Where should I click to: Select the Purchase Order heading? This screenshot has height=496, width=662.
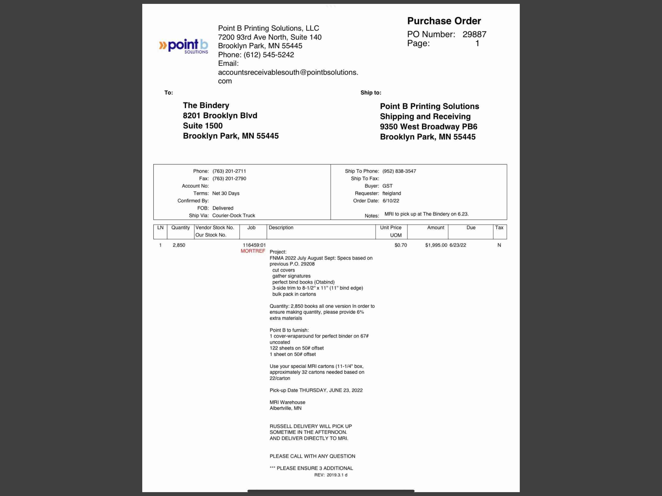[x=444, y=21]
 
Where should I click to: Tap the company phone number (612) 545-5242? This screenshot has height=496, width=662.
[x=268, y=55]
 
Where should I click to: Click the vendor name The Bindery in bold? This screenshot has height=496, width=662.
[x=206, y=105]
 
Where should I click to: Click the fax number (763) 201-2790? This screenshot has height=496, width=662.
[x=229, y=178]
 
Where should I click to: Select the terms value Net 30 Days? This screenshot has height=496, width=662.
[x=226, y=193]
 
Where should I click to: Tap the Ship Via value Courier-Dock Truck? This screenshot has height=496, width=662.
[x=233, y=215]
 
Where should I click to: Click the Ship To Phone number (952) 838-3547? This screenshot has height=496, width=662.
[x=399, y=171]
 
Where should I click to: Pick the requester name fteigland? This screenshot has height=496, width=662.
[x=391, y=193]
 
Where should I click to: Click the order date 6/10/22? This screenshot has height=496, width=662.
[x=391, y=201]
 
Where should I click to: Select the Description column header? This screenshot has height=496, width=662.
[x=281, y=228]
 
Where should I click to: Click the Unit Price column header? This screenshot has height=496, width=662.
[x=391, y=228]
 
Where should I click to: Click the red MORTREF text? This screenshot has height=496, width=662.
[x=253, y=251]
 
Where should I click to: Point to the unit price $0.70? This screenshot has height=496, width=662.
[x=401, y=245]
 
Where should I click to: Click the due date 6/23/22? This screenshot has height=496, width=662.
[x=457, y=245]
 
